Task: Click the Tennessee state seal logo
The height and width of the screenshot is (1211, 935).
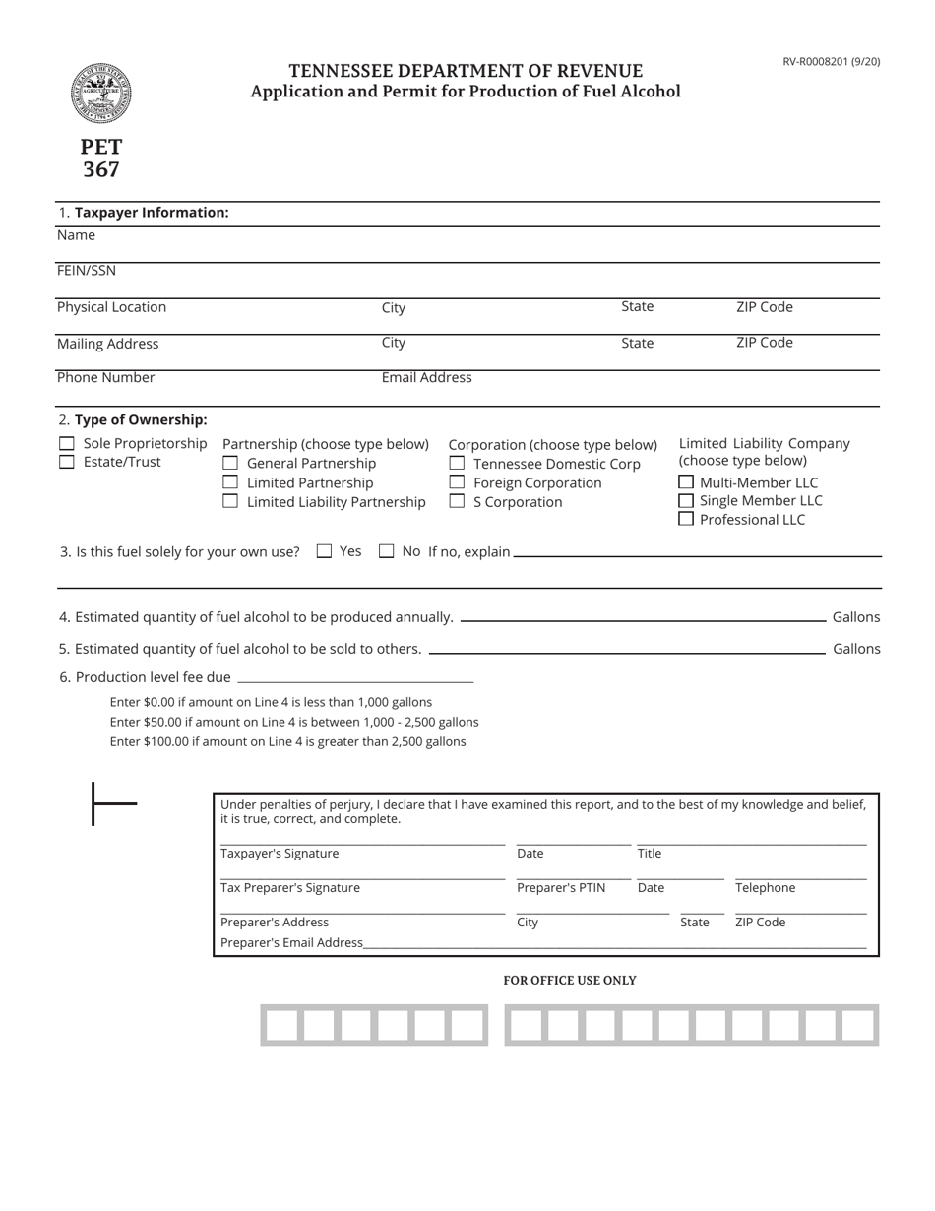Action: tap(100, 93)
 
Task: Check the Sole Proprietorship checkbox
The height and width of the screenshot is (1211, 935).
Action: tap(67, 444)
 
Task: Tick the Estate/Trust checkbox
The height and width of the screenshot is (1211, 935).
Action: tap(67, 462)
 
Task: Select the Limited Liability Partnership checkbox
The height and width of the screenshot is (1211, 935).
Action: tap(230, 501)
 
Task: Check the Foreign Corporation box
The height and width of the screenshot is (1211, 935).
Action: tap(457, 482)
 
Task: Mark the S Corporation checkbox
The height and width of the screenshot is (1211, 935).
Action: tap(457, 501)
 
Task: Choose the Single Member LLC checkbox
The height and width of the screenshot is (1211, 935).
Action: tap(686, 500)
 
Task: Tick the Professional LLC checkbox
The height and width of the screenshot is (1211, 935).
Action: tap(686, 519)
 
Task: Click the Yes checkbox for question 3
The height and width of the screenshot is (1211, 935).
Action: tap(324, 551)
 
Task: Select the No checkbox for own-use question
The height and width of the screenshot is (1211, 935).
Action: tap(386, 551)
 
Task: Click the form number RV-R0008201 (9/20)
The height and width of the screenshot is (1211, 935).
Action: tap(831, 61)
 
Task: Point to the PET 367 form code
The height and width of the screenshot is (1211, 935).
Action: tap(101, 158)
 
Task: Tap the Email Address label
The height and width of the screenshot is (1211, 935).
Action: tap(426, 377)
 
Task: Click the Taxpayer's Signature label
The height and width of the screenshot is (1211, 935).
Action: tap(279, 854)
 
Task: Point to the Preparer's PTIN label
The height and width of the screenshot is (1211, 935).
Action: tap(560, 888)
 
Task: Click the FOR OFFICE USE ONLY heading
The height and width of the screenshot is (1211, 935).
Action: tap(569, 981)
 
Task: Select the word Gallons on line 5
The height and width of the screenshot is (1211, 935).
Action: tap(855, 649)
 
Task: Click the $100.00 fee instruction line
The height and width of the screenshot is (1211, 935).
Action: tap(287, 741)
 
